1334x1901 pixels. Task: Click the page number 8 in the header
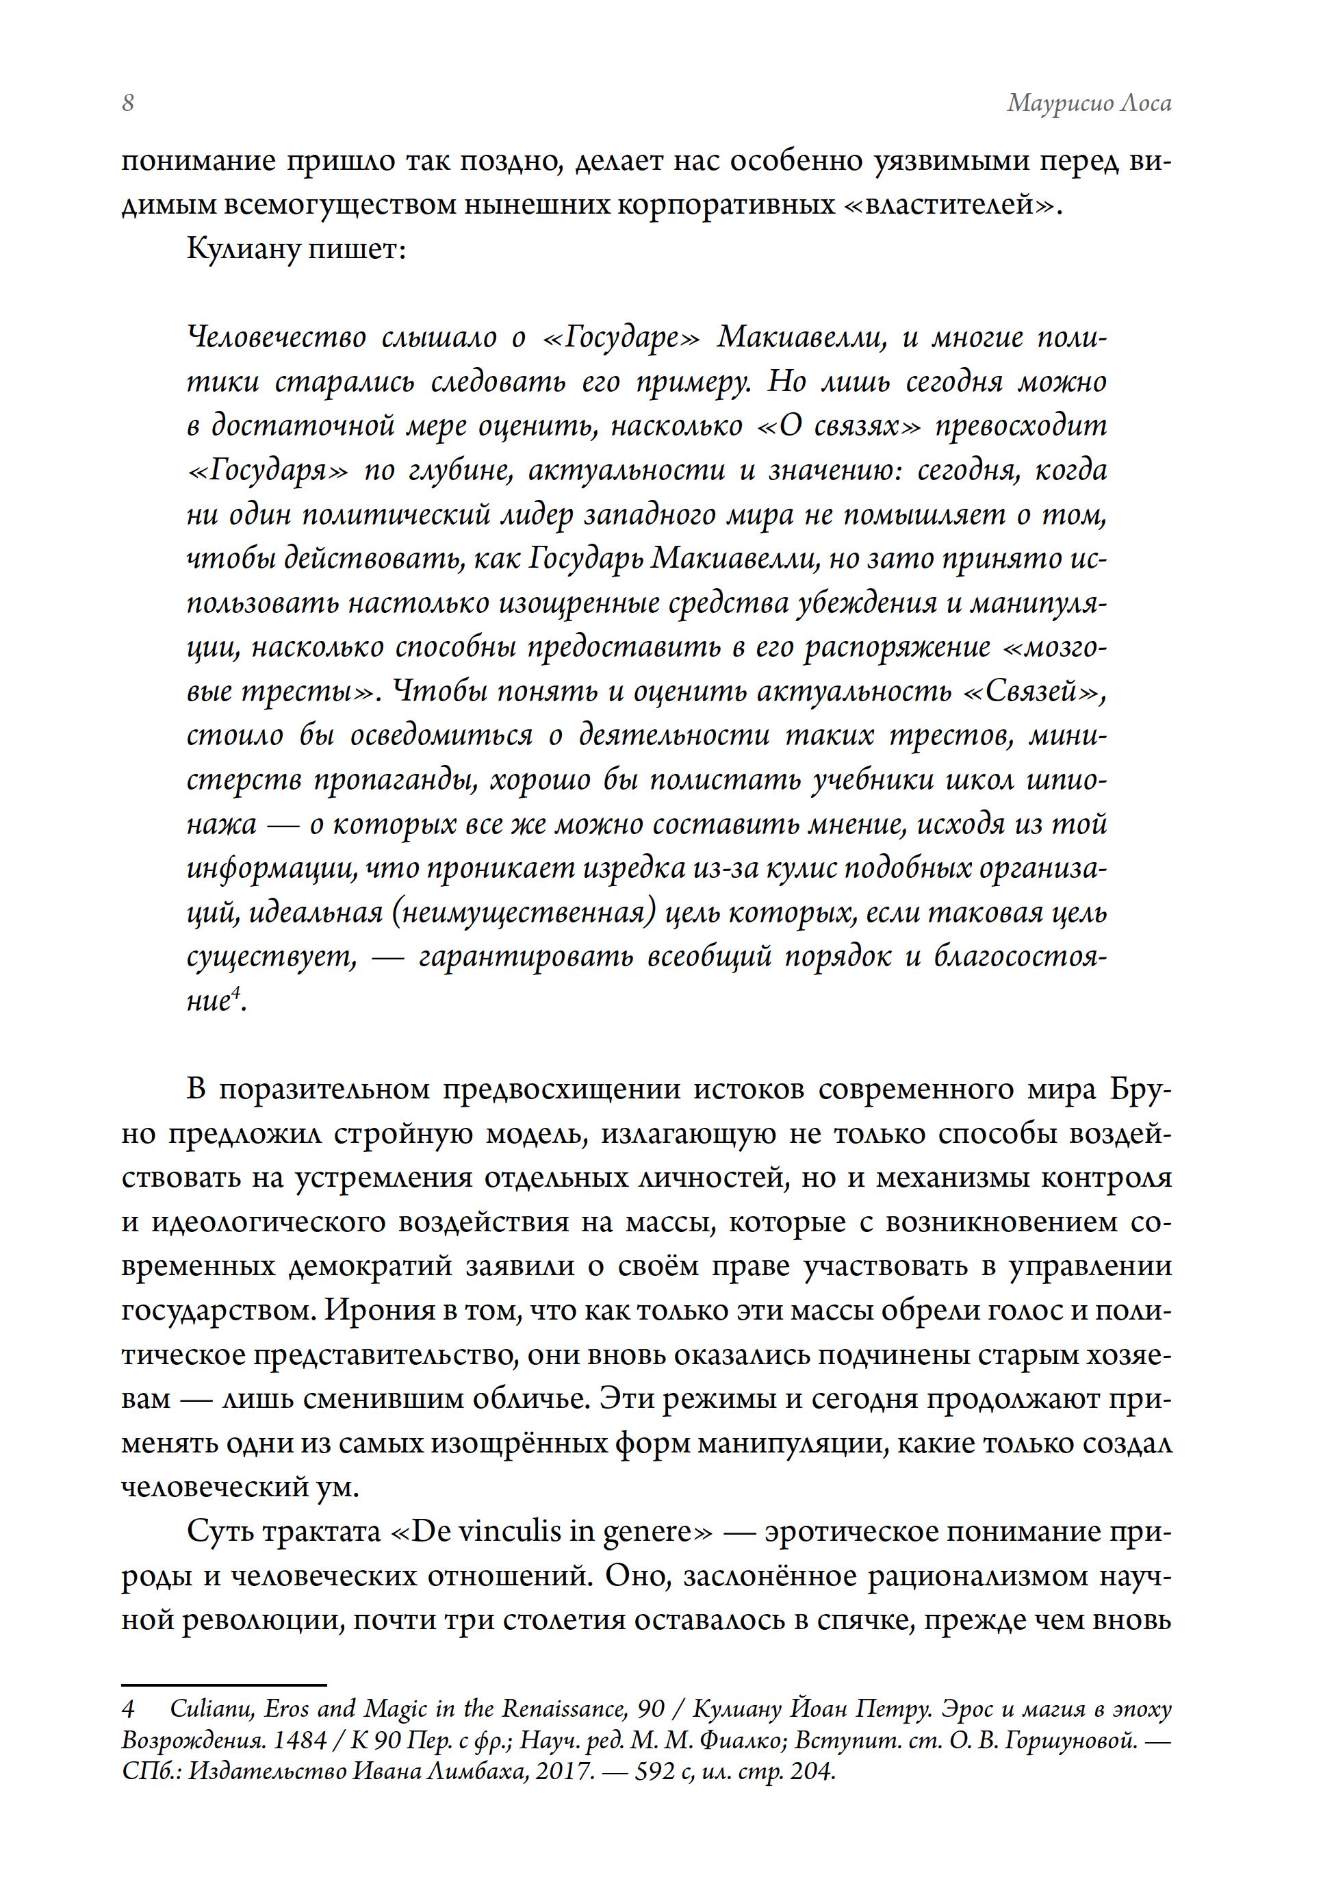(x=128, y=103)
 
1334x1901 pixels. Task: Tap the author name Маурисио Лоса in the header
(x=1088, y=103)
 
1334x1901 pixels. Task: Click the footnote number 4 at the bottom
(x=128, y=1709)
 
